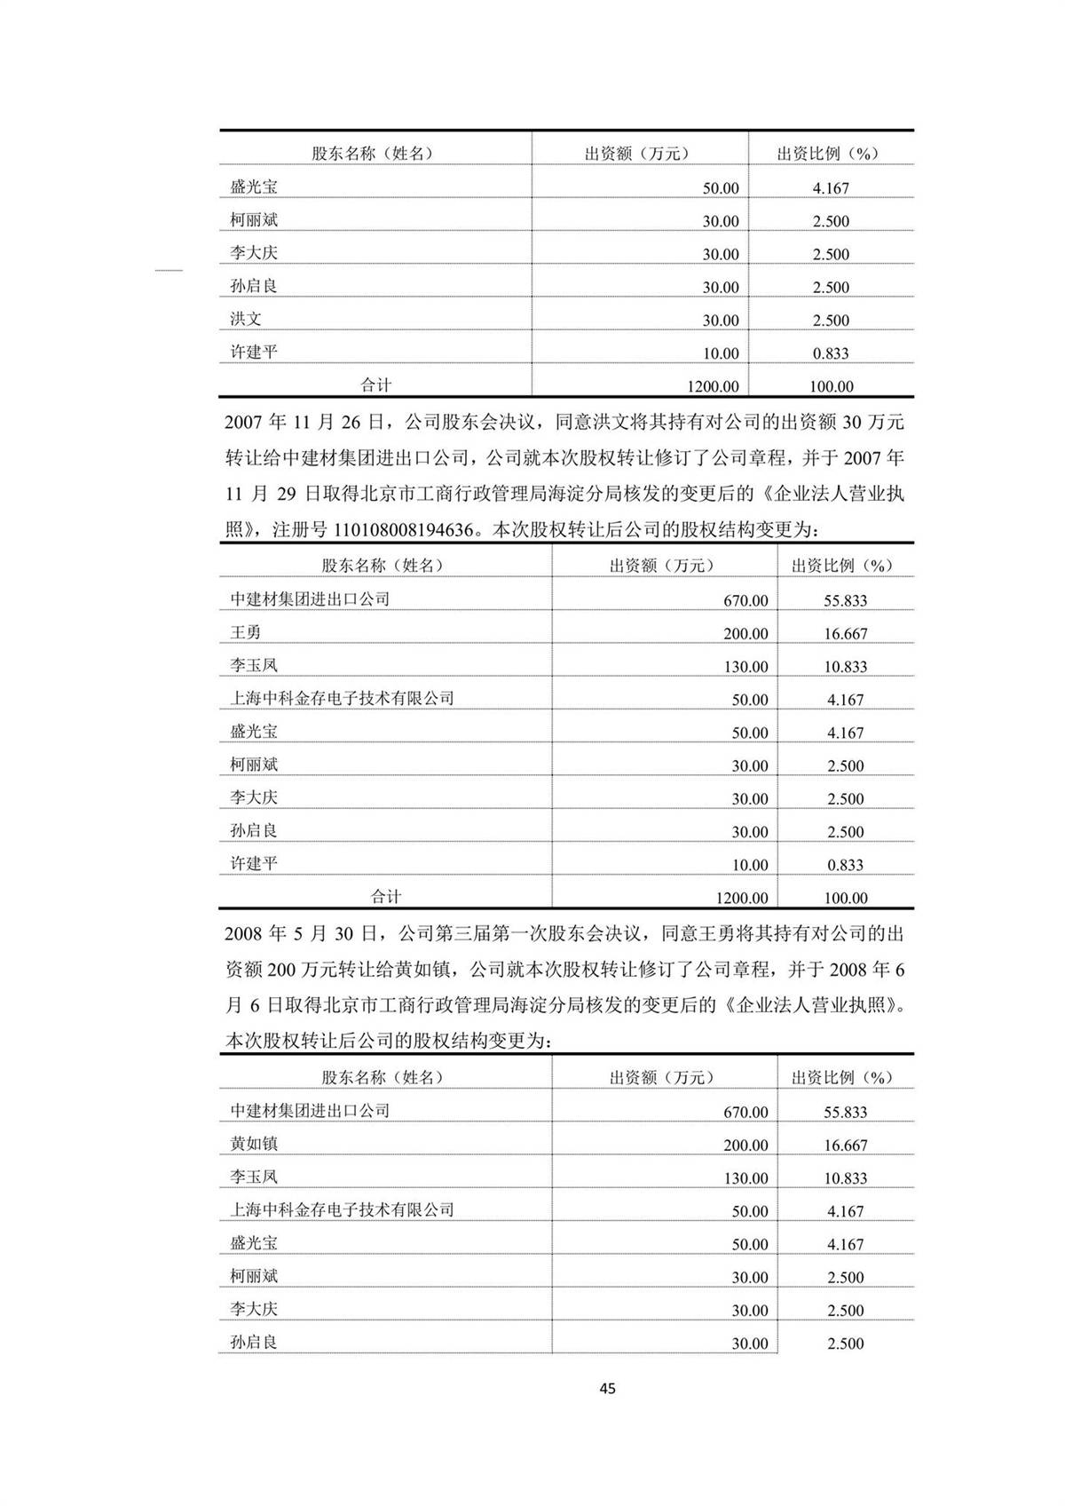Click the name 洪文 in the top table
(x=246, y=319)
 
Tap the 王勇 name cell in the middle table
(x=246, y=632)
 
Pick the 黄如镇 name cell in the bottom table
(x=254, y=1144)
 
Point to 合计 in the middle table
(x=386, y=897)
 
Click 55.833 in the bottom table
(x=845, y=1112)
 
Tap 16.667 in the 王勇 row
(x=845, y=633)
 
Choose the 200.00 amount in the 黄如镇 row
(x=745, y=1145)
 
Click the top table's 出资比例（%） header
(x=827, y=154)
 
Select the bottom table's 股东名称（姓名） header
(x=383, y=1077)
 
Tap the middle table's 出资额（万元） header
(x=662, y=566)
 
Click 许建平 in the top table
(x=254, y=352)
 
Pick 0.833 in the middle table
(x=845, y=865)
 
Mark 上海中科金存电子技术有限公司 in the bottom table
(x=342, y=1209)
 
